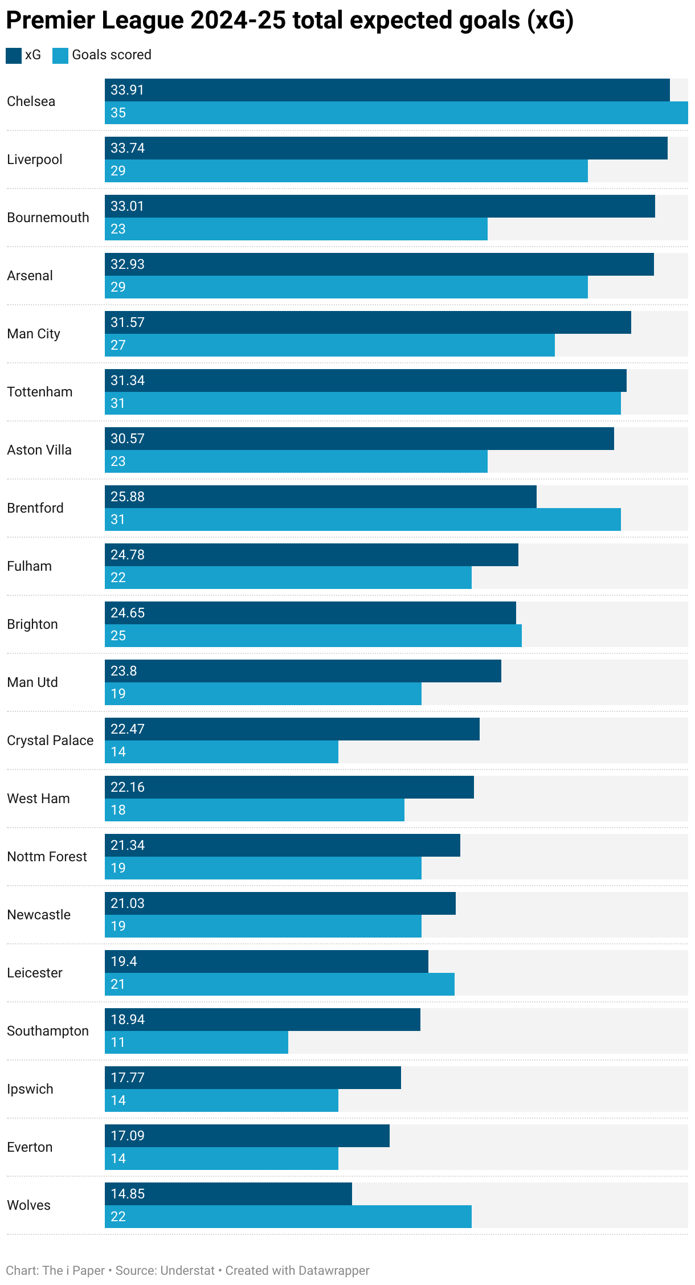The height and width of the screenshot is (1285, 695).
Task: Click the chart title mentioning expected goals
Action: pos(289,21)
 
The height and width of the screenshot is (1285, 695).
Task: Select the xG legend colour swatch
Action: pos(13,55)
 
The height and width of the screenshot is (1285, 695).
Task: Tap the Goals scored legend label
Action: pos(111,55)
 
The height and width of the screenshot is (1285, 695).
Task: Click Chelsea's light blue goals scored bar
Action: pos(396,113)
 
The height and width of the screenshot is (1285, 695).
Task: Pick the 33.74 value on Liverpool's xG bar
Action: pos(128,148)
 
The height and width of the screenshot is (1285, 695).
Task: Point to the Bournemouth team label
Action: pos(48,218)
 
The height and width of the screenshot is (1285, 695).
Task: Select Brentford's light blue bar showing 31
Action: pos(362,519)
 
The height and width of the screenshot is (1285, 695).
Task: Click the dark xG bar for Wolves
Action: pos(228,1194)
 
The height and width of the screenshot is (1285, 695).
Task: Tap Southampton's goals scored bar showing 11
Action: pos(196,1042)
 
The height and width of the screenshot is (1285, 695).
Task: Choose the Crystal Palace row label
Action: pos(50,740)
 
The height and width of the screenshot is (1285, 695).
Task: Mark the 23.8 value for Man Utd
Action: pos(124,671)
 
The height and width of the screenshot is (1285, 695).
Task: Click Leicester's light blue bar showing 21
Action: pos(279,984)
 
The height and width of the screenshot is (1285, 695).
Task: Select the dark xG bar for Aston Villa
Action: pos(359,439)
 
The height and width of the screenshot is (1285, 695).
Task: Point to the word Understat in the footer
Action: pos(187,1271)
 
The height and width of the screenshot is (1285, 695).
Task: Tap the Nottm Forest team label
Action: pos(47,857)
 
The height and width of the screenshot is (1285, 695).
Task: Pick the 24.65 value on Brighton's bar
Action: pos(128,613)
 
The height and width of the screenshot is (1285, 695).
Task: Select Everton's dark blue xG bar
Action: pos(247,1136)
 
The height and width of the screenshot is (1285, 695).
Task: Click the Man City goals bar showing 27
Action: pos(329,345)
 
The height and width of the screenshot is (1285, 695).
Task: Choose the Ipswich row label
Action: pos(30,1089)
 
